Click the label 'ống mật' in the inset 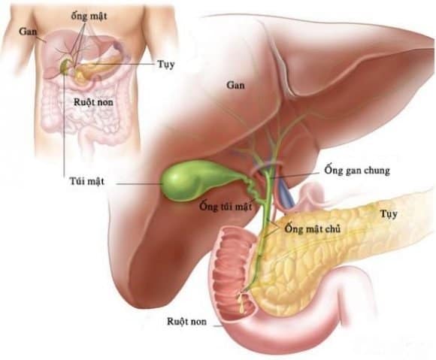[x=89, y=17]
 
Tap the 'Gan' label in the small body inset [x=28, y=32]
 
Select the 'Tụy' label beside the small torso [x=166, y=65]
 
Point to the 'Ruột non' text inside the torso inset [x=93, y=102]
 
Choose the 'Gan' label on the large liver [x=236, y=85]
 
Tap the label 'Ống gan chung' [x=357, y=171]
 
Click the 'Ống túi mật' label [x=226, y=207]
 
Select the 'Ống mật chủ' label [x=312, y=229]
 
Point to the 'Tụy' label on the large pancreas [x=389, y=214]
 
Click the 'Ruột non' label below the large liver [x=187, y=322]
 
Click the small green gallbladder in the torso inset [x=65, y=66]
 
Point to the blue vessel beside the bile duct [x=285, y=192]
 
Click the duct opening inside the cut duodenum [x=243, y=295]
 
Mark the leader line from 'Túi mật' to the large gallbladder [x=140, y=183]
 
